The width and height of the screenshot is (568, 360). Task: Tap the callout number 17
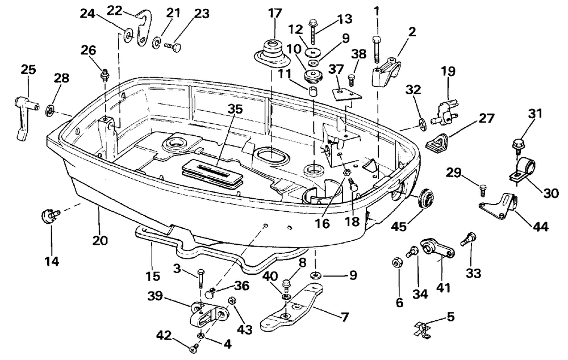[274, 14]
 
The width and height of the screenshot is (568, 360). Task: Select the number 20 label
[99, 240]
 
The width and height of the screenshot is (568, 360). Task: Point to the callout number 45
[399, 227]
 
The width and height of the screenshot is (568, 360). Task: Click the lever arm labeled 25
[24, 117]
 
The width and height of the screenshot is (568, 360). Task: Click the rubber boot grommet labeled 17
[273, 53]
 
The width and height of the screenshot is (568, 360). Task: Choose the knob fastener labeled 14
[51, 215]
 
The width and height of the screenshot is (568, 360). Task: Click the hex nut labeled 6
[397, 262]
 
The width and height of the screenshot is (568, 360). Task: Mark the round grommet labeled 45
[424, 199]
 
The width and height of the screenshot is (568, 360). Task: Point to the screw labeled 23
[172, 47]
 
